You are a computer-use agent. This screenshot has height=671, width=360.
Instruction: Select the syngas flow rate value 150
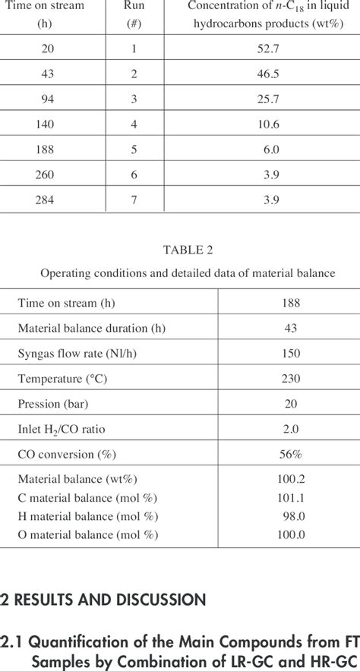(289, 354)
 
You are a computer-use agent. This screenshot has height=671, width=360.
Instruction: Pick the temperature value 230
(289, 379)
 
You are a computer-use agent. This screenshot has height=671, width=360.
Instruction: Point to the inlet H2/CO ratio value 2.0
(289, 429)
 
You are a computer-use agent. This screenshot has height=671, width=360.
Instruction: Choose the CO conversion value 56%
(289, 454)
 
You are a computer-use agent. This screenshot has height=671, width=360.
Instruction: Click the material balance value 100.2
(289, 479)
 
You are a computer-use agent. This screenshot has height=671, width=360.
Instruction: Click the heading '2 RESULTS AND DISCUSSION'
(103, 600)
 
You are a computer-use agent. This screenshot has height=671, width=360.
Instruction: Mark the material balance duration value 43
(289, 329)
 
